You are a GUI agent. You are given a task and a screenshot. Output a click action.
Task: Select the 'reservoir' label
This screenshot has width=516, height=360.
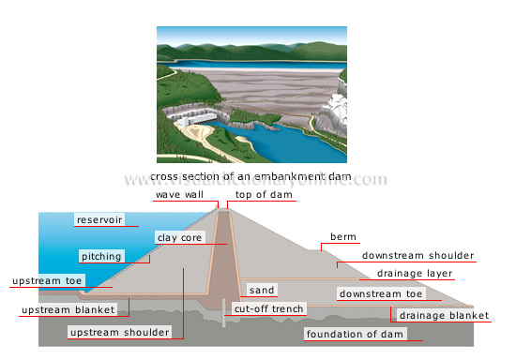(99, 219)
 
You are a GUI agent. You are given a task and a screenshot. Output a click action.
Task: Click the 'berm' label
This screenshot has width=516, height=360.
(342, 236)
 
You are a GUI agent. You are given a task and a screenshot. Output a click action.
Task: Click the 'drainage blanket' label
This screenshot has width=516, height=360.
(443, 315)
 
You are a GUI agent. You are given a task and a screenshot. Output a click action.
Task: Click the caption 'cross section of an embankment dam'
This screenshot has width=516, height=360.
(256, 176)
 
